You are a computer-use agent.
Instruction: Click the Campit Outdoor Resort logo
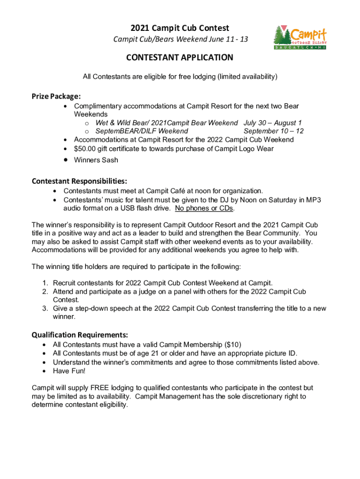pos(300,37)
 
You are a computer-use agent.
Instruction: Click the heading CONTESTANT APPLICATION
pos(180,58)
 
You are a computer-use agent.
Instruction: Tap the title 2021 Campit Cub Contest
pos(180,29)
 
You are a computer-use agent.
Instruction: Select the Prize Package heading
pos(56,96)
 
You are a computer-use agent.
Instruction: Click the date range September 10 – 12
pos(274,131)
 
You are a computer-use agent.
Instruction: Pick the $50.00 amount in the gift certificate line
pos(85,149)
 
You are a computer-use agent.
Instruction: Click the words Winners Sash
pos(96,160)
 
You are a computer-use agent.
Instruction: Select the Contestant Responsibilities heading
pos(79,181)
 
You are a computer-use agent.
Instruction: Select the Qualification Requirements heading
pos(79,335)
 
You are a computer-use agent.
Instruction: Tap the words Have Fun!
pos(70,371)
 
